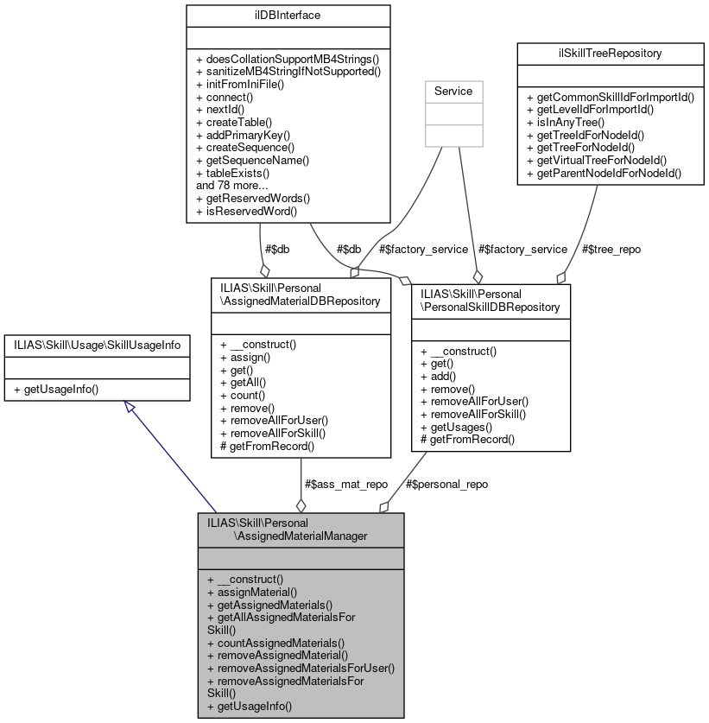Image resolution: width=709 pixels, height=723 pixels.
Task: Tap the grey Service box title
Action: (459, 90)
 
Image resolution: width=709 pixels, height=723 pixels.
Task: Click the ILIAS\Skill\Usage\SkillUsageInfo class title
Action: (97, 345)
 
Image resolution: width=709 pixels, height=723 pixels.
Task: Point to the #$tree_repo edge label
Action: (611, 249)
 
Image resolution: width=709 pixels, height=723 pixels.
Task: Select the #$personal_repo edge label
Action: (446, 484)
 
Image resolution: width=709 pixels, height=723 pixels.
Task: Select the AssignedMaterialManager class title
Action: (301, 530)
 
